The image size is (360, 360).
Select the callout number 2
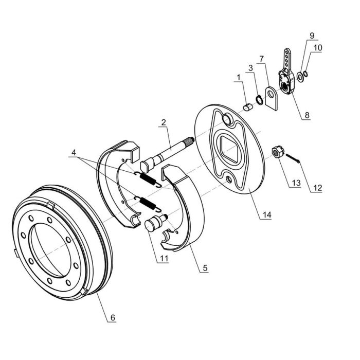(163, 122)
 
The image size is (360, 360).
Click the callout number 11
(164, 258)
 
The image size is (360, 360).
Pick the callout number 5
(205, 268)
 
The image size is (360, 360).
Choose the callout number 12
(317, 188)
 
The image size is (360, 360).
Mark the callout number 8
(307, 115)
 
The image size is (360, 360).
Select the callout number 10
(317, 47)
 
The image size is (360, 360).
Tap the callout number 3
(250, 67)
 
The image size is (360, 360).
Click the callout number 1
(238, 77)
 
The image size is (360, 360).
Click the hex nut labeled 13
(277, 152)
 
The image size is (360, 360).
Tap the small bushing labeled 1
(247, 107)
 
